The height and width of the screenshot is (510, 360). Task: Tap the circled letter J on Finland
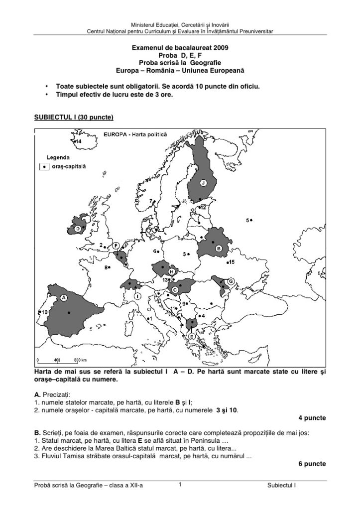(x=203, y=183)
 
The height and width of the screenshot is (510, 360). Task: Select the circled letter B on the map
(x=218, y=248)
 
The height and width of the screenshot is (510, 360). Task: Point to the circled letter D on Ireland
(x=78, y=228)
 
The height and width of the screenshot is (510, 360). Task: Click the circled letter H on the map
(x=172, y=271)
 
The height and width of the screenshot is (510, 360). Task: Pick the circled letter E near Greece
(x=192, y=337)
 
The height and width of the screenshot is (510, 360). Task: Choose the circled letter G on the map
(x=231, y=281)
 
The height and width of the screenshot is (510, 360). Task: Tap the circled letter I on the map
(x=137, y=295)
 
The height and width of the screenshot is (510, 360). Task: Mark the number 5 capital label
(x=247, y=220)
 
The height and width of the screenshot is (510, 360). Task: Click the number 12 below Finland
(x=203, y=207)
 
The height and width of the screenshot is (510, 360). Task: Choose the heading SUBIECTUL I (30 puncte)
(x=74, y=118)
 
